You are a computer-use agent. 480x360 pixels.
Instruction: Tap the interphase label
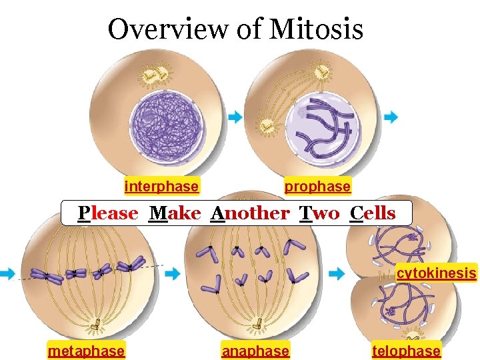coord(161,187)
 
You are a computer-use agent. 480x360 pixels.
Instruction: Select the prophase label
coord(317,187)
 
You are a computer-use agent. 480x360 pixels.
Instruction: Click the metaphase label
coord(86,351)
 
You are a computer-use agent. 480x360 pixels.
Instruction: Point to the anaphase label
coord(255,351)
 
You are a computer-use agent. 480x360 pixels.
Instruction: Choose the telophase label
coord(406,351)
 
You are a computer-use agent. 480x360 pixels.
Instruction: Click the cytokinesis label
coord(437,273)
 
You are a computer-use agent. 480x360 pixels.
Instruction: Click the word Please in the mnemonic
coord(108,213)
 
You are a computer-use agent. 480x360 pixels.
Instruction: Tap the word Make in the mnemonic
coord(175,213)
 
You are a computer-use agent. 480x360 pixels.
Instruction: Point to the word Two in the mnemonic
coord(319,213)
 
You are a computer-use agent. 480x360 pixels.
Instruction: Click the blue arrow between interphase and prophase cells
coord(235,117)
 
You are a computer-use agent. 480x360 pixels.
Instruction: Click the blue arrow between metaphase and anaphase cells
coord(172,273)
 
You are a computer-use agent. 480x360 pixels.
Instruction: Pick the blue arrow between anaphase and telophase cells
coord(337,273)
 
